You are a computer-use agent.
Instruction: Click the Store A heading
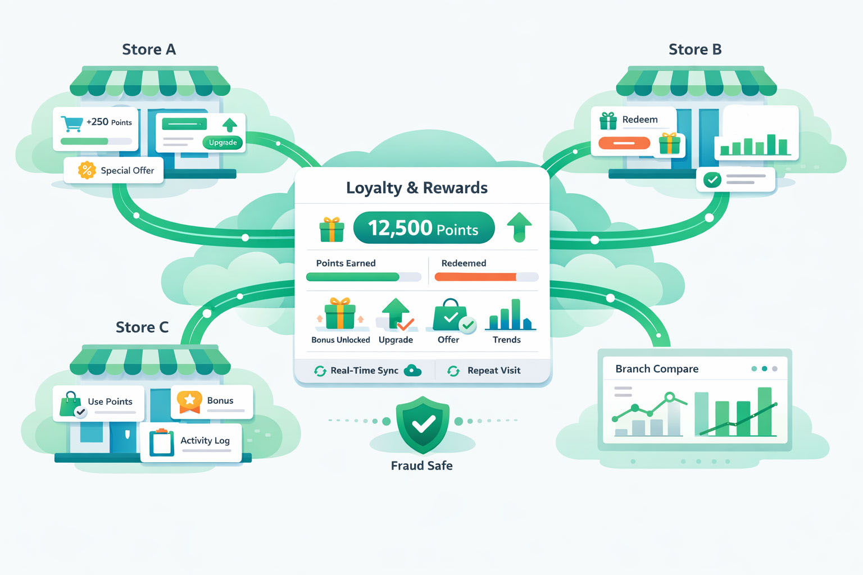click(149, 49)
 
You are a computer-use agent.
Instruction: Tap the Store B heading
click(695, 49)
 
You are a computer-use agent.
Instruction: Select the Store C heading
click(142, 327)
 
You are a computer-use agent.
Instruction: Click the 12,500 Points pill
click(424, 228)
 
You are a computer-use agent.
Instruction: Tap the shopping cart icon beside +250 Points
click(71, 124)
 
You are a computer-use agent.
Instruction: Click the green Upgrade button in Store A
click(222, 143)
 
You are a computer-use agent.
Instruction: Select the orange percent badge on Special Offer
click(87, 170)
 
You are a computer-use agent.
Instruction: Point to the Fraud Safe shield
click(423, 425)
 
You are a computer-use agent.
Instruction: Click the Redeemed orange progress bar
click(475, 277)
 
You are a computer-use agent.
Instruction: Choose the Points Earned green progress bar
click(353, 277)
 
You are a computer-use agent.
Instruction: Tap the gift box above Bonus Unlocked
click(340, 314)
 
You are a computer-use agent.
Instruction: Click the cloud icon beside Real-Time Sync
click(413, 370)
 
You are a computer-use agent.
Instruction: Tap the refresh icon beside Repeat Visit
click(453, 371)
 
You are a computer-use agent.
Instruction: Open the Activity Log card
click(191, 442)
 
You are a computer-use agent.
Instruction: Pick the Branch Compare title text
click(657, 369)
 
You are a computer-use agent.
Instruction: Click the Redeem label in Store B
click(639, 120)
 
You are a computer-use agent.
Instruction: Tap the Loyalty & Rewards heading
click(417, 188)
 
